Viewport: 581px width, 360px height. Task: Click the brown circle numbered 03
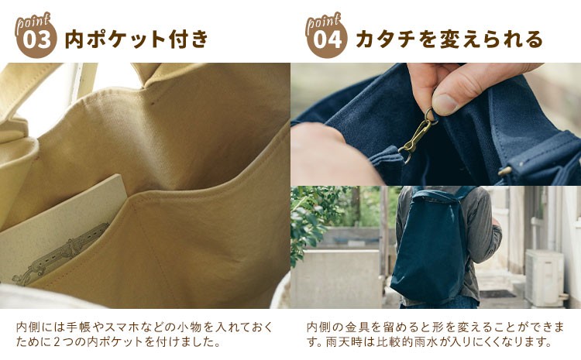point(36,39)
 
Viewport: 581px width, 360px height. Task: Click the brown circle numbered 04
point(327,39)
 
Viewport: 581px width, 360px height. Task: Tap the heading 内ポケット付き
point(137,39)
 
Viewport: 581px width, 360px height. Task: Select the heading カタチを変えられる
point(449,39)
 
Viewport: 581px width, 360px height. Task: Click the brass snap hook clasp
point(417,136)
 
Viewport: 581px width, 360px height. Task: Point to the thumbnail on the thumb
point(445,105)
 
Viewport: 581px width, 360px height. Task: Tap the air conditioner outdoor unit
point(544,277)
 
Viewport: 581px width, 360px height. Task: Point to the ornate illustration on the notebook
point(61,255)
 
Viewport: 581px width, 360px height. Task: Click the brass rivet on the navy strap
point(505,171)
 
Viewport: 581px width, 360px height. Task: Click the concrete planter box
point(335,278)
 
